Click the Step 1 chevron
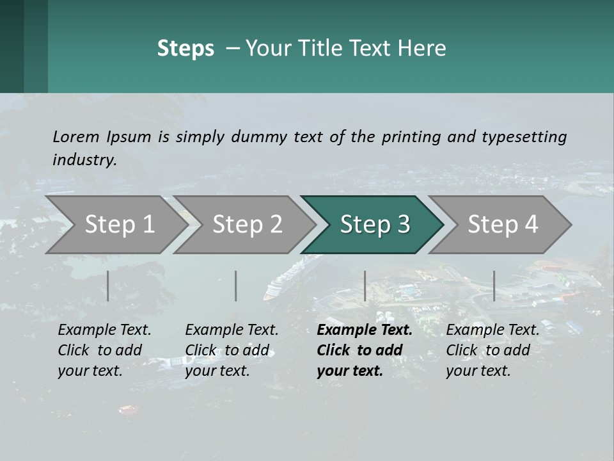tap(119, 225)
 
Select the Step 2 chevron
tap(247, 225)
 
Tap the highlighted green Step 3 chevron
tap(375, 225)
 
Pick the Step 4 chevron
tap(503, 225)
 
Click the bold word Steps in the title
tap(185, 49)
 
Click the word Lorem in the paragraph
tap(76, 136)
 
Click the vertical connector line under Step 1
tap(108, 286)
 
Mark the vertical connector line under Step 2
tap(236, 286)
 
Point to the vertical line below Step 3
tap(365, 286)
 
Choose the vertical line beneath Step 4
tap(494, 286)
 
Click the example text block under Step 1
tap(104, 350)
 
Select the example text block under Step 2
tap(232, 350)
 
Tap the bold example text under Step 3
tap(365, 350)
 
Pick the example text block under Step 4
tap(492, 350)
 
